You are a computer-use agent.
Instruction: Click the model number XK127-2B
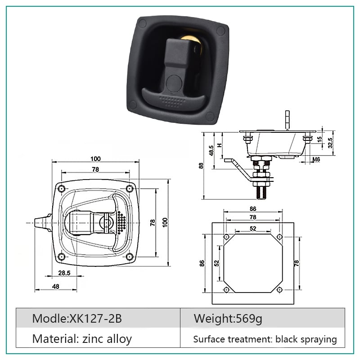tap(95, 319)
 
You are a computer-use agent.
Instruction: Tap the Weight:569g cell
tap(262, 318)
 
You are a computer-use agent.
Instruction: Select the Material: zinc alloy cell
tap(98, 337)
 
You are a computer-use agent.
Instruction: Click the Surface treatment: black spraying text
tap(265, 339)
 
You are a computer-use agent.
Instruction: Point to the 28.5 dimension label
tap(64, 273)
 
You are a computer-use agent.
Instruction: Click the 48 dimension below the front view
tap(56, 287)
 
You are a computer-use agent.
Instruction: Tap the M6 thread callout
tap(316, 159)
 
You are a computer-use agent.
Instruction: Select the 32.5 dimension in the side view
tap(330, 143)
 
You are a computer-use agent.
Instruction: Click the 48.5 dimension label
tap(211, 150)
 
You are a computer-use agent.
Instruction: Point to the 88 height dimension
tap(201, 166)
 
